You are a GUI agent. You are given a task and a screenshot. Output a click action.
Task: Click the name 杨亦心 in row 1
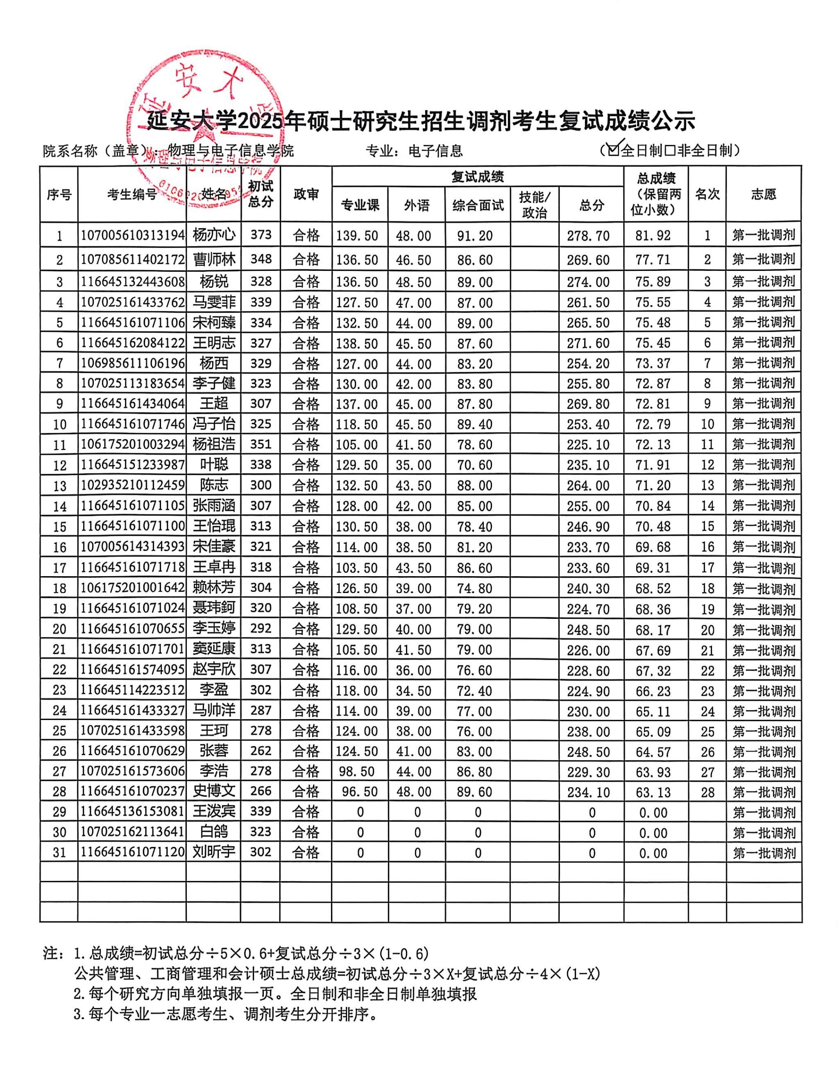pyautogui.click(x=214, y=235)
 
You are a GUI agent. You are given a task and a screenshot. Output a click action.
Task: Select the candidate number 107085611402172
pyautogui.click(x=132, y=259)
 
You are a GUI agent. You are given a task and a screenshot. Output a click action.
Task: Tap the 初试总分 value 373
pyautogui.click(x=261, y=235)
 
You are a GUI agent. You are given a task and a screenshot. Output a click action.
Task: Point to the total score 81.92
pyautogui.click(x=653, y=235)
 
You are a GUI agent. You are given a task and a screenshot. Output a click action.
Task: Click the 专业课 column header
pyautogui.click(x=360, y=205)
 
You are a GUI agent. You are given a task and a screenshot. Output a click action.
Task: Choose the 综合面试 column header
pyautogui.click(x=478, y=205)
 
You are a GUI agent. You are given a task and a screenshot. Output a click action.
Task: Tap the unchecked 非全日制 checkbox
pyautogui.click(x=669, y=150)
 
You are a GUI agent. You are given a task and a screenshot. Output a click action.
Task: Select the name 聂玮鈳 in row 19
pyautogui.click(x=214, y=608)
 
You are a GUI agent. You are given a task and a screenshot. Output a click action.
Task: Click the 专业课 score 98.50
pyautogui.click(x=357, y=771)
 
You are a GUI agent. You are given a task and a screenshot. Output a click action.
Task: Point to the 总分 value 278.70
pyautogui.click(x=588, y=236)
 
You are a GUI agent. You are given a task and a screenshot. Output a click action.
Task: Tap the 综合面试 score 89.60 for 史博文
pyautogui.click(x=474, y=792)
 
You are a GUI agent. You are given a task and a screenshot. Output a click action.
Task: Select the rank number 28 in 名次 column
pyautogui.click(x=707, y=792)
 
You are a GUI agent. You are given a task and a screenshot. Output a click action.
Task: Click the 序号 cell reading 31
pyautogui.click(x=59, y=852)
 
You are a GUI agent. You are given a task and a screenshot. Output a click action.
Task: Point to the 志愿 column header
pyautogui.click(x=763, y=194)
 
